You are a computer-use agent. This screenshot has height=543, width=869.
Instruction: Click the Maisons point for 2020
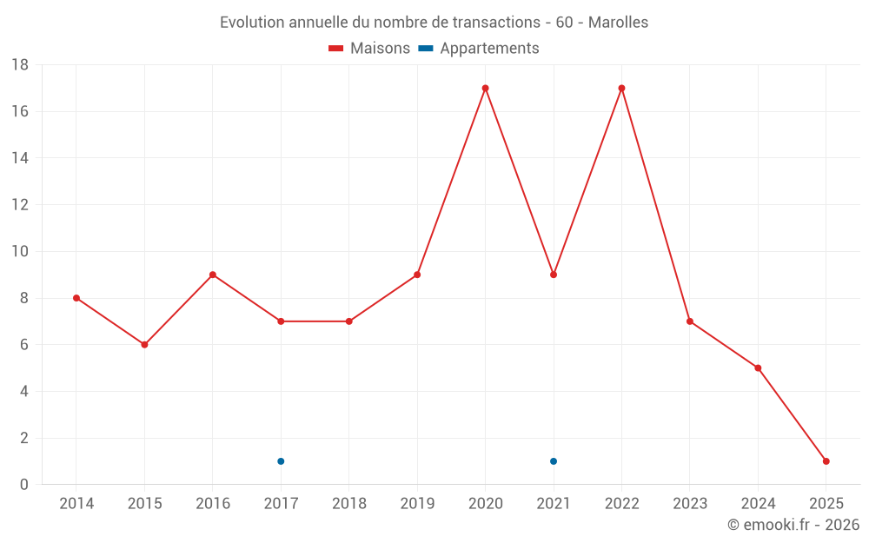click(x=485, y=88)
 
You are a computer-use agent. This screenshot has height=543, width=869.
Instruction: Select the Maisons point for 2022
click(x=621, y=88)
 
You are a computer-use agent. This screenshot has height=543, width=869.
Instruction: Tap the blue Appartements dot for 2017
click(x=281, y=461)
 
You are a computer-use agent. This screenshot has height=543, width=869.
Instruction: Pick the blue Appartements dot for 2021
click(x=554, y=461)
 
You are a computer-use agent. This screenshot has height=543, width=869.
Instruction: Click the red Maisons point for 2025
click(x=826, y=461)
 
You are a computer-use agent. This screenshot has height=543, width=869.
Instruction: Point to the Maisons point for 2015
click(x=144, y=345)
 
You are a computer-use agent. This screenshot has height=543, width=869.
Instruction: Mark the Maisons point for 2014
click(x=76, y=298)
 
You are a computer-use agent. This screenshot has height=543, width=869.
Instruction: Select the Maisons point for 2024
click(x=758, y=368)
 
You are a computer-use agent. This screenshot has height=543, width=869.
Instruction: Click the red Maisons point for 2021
click(x=554, y=275)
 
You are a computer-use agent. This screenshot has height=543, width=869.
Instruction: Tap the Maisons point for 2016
click(x=213, y=275)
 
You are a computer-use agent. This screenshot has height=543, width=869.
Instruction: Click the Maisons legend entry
click(x=369, y=49)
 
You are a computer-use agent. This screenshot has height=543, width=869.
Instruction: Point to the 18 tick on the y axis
click(x=20, y=65)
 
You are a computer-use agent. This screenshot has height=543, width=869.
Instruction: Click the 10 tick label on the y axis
click(x=20, y=252)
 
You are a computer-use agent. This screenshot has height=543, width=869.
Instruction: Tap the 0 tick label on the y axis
click(x=24, y=485)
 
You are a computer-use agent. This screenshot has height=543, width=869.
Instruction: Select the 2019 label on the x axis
click(x=417, y=504)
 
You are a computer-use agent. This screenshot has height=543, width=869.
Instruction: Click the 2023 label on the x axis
click(x=690, y=504)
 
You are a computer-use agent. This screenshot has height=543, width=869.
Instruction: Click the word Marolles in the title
click(x=618, y=23)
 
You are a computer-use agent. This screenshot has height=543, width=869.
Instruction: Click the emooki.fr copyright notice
click(x=793, y=525)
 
